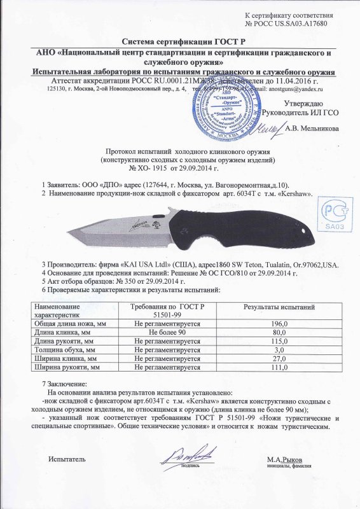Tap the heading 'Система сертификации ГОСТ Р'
pos(179,39)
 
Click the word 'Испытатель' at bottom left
pos(68,459)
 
